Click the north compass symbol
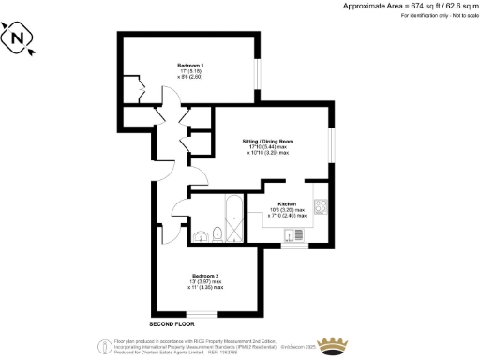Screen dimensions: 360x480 tap(20, 40)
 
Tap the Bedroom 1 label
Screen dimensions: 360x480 tap(189, 65)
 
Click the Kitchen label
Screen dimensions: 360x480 tap(287, 203)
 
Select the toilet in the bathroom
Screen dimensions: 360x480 tap(217, 232)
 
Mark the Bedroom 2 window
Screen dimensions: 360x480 tap(202, 313)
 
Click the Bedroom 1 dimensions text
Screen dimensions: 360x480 tap(189, 75)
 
